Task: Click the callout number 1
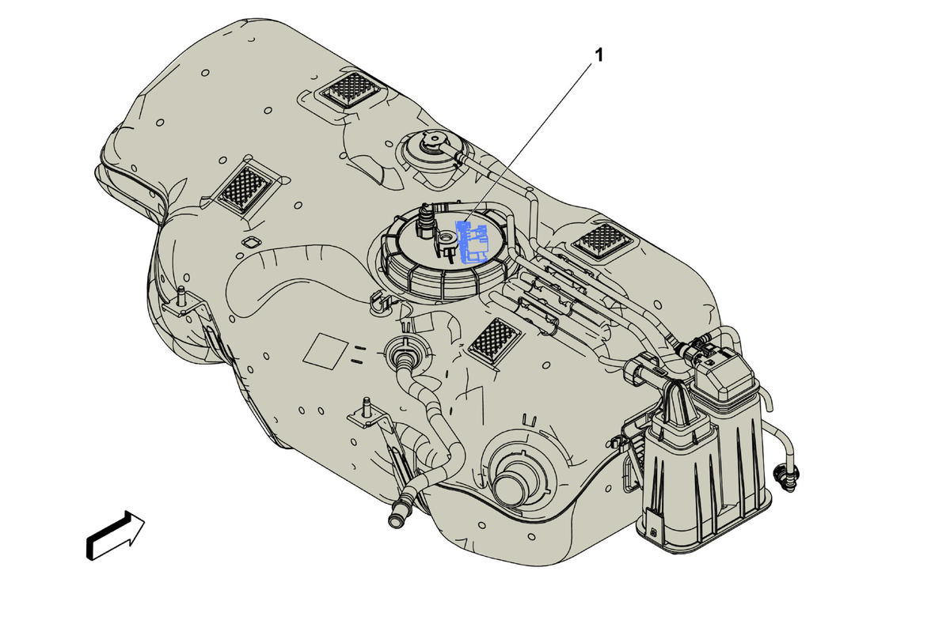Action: (598, 55)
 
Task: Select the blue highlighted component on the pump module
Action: (471, 242)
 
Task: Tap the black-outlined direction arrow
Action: (116, 535)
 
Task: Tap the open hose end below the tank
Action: (397, 518)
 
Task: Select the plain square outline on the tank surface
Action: (325, 351)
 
